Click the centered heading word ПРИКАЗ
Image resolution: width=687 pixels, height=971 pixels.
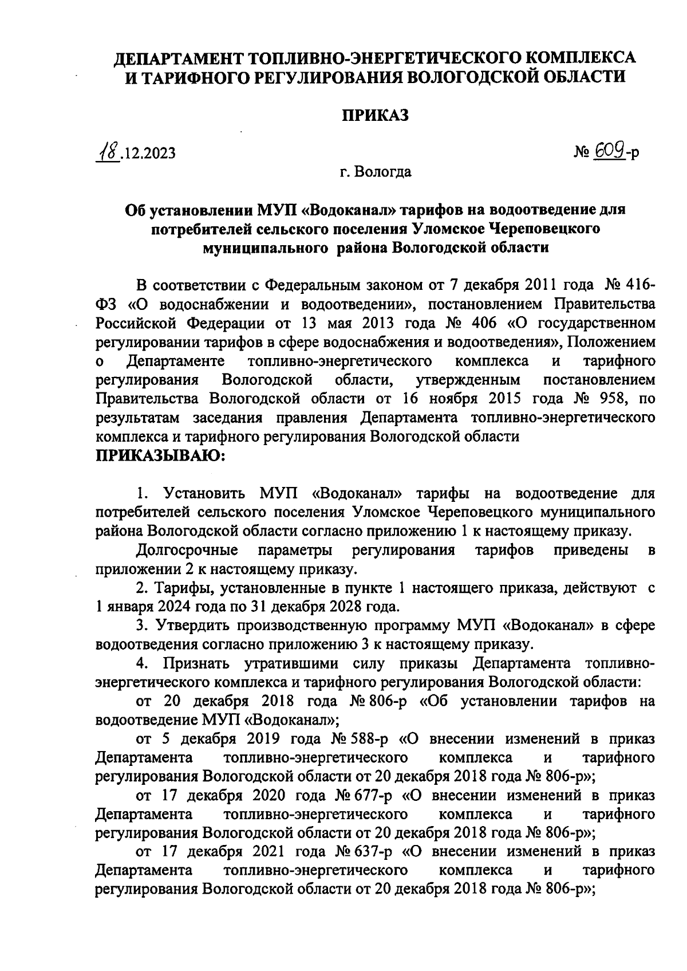point(376,116)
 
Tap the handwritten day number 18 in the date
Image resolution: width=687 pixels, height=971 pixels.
point(108,152)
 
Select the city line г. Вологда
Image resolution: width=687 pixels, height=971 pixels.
point(375,171)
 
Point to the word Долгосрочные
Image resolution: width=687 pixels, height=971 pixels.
point(188,550)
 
